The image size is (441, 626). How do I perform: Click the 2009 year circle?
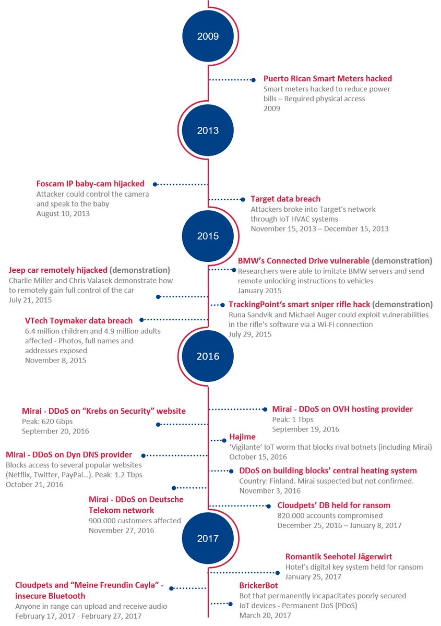(208, 36)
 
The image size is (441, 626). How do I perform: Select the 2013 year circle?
(208, 130)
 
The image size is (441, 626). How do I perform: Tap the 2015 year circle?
(208, 236)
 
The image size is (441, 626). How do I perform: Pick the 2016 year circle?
(208, 356)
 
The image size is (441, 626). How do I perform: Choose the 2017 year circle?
(208, 538)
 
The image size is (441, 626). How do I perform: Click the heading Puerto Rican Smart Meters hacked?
(327, 79)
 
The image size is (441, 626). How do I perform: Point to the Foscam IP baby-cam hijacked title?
(90, 184)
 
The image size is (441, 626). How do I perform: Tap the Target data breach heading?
(285, 199)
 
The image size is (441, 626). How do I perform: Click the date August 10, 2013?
(63, 213)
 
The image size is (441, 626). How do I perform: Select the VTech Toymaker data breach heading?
(79, 320)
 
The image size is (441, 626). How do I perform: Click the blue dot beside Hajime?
(224, 440)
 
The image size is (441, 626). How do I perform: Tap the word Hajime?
(242, 437)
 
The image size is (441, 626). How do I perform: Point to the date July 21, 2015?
(30, 300)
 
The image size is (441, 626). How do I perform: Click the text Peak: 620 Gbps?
(47, 421)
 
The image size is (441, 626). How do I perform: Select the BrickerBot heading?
(258, 585)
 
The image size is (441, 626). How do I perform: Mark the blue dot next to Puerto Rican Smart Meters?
(253, 80)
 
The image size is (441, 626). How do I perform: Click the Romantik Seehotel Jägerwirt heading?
(339, 557)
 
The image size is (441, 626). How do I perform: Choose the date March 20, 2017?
(265, 615)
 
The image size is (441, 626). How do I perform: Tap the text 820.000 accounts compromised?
(330, 515)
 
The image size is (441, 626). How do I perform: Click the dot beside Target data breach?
(243, 199)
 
